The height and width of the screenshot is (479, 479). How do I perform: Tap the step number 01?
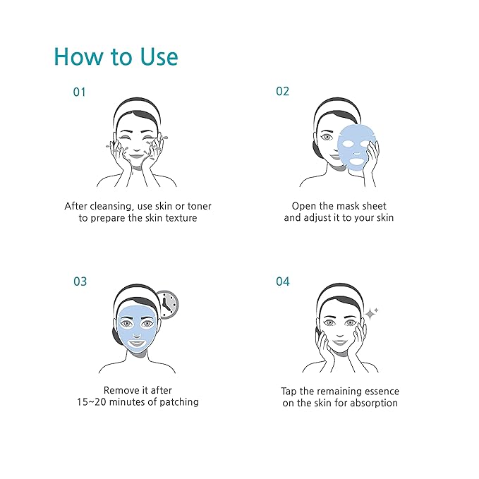[80, 92]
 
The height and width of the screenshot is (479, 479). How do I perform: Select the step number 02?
[282, 92]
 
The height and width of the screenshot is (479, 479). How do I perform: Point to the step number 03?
[80, 281]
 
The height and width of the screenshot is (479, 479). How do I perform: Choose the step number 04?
[282, 281]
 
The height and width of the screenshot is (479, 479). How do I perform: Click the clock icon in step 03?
[167, 304]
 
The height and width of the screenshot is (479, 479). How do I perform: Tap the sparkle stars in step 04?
[371, 313]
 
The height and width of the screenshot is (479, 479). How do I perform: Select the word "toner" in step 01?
[198, 206]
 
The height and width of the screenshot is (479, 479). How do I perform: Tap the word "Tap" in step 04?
[290, 391]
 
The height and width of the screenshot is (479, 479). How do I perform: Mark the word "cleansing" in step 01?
[114, 206]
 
